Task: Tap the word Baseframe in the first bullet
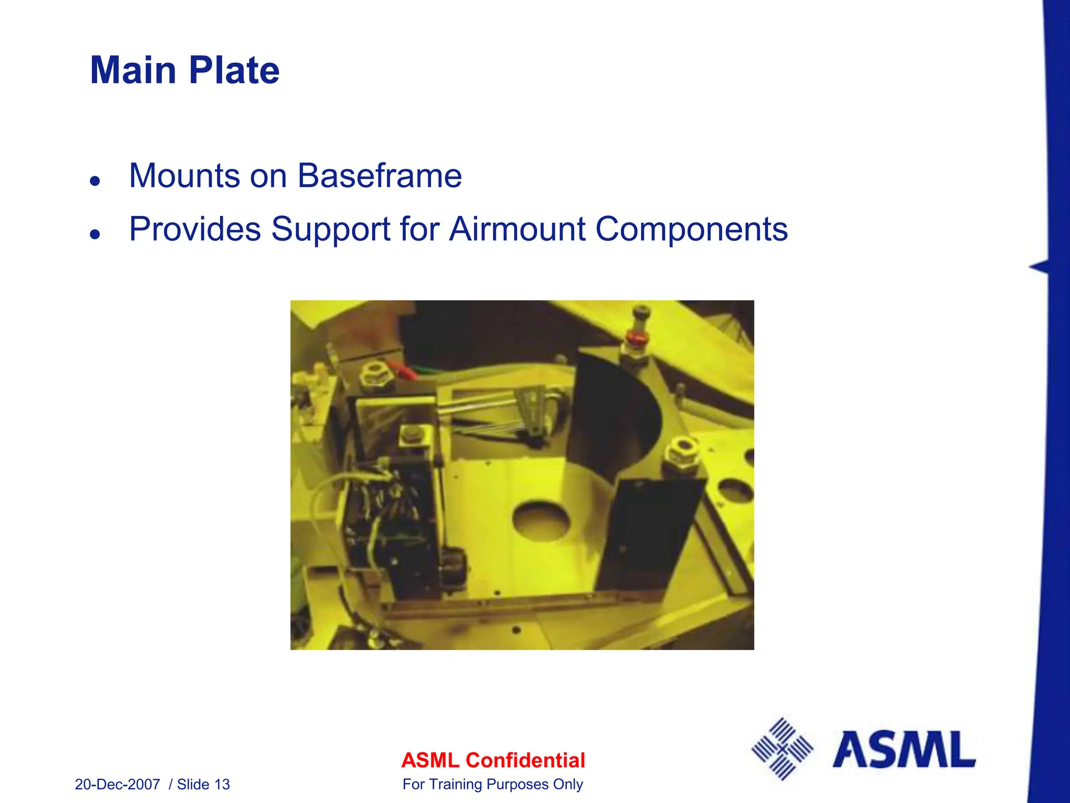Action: pos(379,176)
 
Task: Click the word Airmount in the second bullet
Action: pos(517,229)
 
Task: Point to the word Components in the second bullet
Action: pos(691,229)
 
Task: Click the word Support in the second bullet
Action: pos(331,229)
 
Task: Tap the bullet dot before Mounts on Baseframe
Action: pos(95,181)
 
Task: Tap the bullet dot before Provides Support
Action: pos(95,234)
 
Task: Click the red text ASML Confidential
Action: pos(493,760)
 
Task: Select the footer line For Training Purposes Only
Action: pos(493,784)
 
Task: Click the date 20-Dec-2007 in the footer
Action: pos(117,784)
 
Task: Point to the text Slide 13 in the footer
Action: pos(203,784)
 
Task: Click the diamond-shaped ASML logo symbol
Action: pos(782,749)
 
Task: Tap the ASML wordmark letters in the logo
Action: pos(904,750)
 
